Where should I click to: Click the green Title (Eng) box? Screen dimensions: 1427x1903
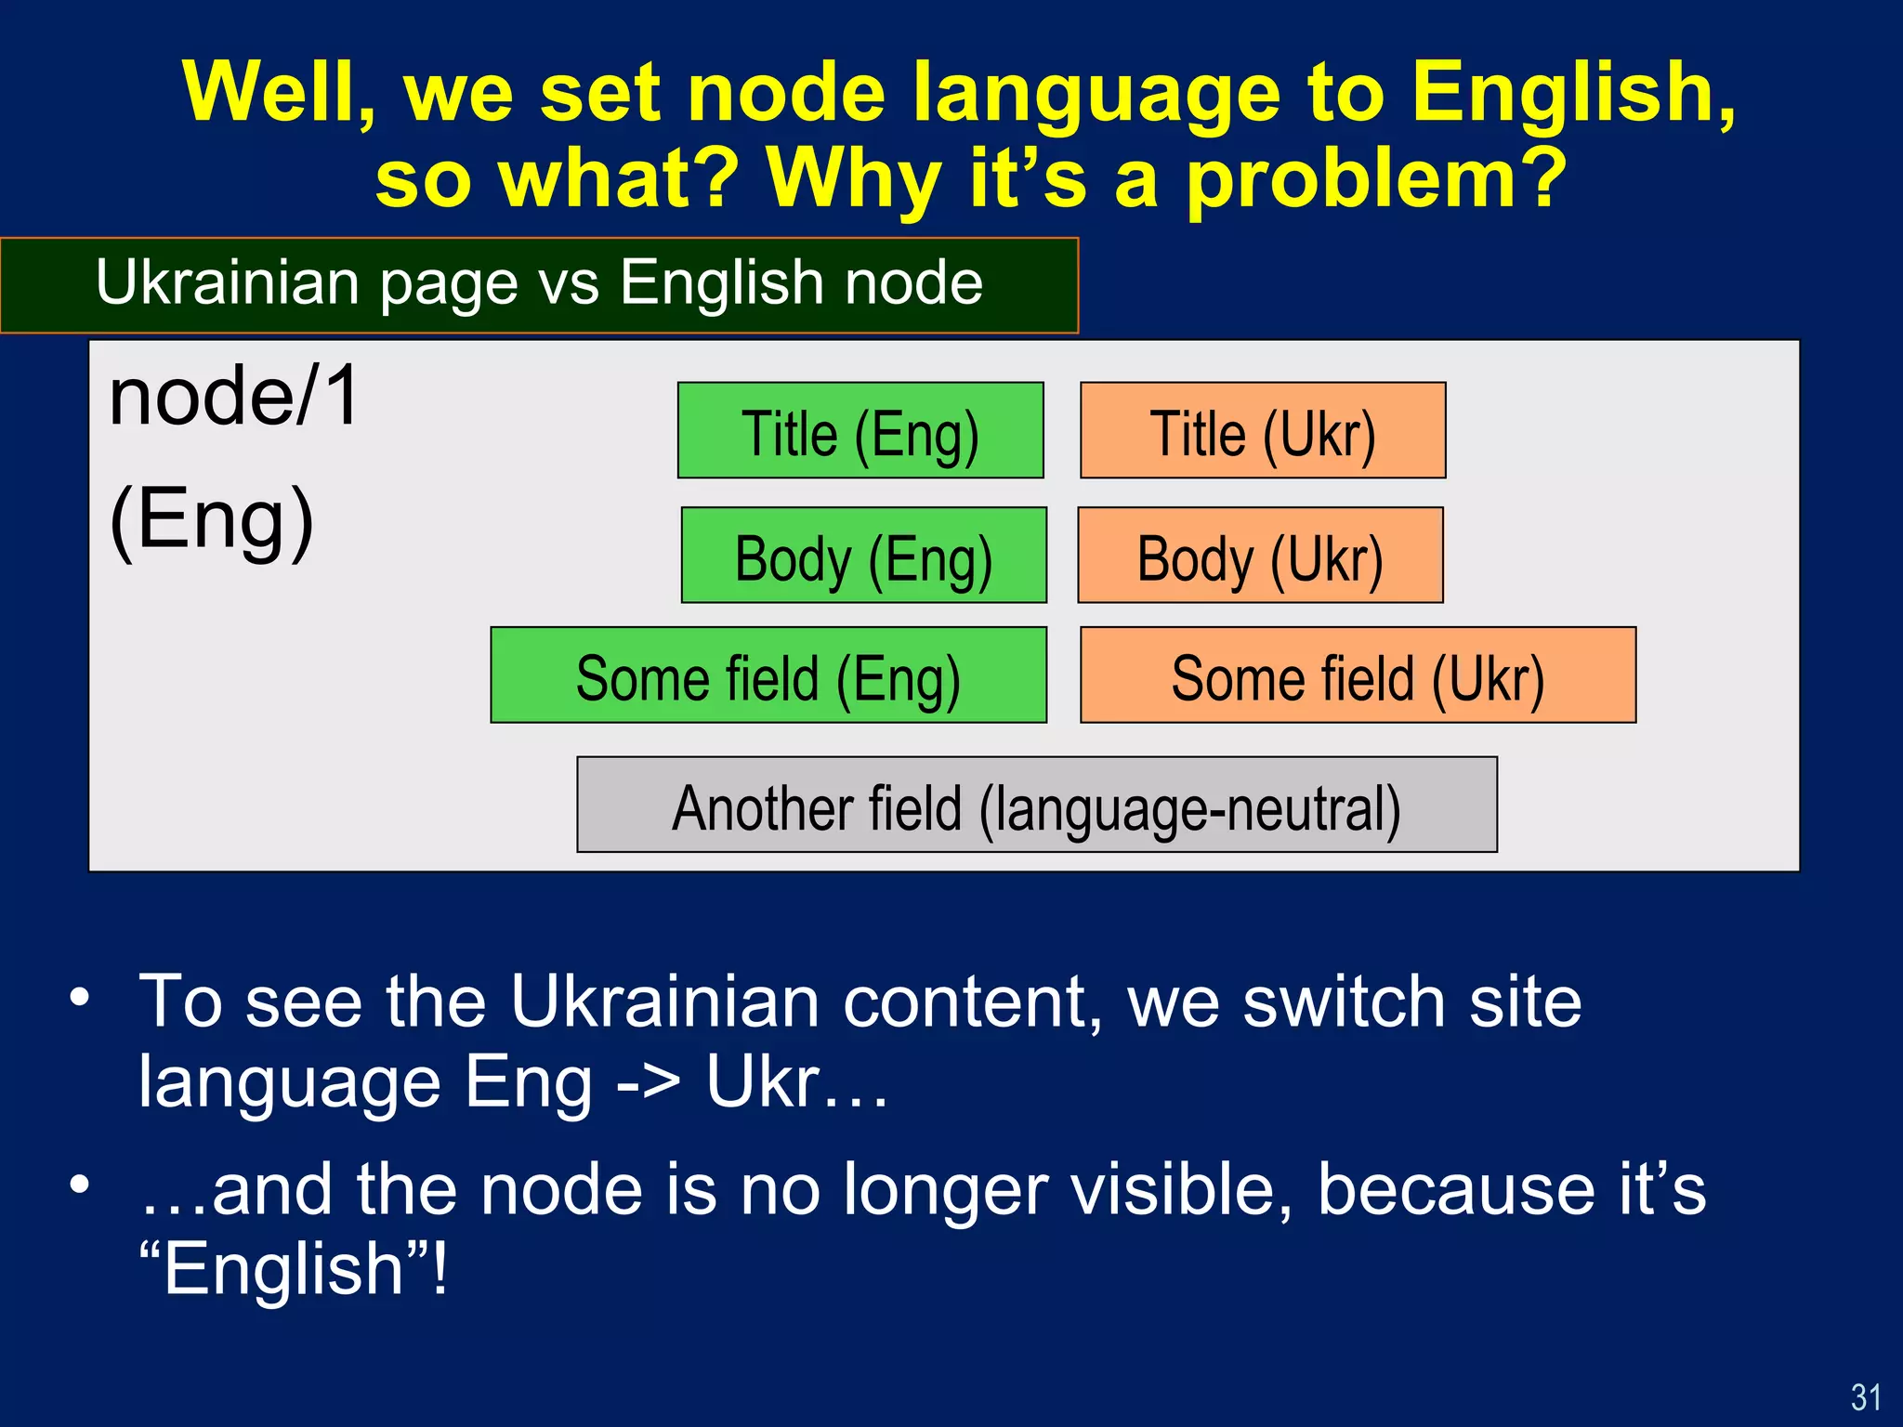[x=860, y=431]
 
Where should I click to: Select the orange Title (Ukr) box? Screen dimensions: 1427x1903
[x=1263, y=431]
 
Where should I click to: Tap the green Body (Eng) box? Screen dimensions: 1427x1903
[x=863, y=556]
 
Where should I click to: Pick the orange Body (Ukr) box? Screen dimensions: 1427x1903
[x=1260, y=556]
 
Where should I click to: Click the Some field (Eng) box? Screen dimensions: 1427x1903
[x=768, y=675]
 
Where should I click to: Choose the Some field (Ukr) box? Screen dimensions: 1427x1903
[x=1358, y=675]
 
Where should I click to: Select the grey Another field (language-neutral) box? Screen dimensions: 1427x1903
[x=1036, y=805]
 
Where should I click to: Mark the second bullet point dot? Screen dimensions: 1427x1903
[x=80, y=1185]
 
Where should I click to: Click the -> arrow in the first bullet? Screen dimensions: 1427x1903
[x=648, y=1083]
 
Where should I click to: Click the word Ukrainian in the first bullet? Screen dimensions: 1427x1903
[x=664, y=1002]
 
